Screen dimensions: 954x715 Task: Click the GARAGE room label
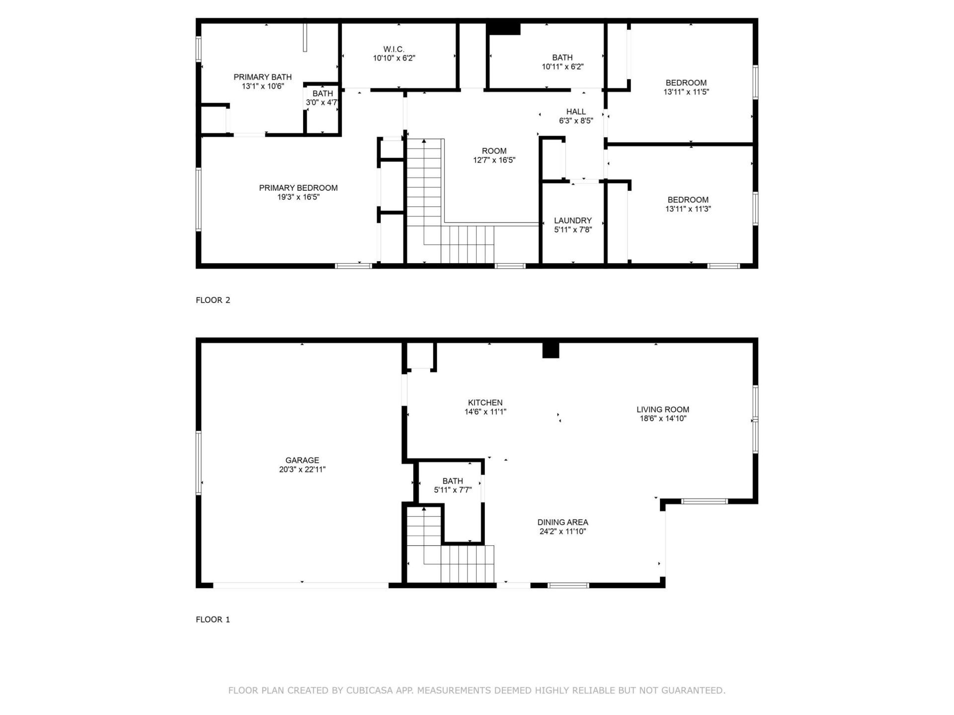pyautogui.click(x=302, y=460)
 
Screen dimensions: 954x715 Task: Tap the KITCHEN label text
pyautogui.click(x=485, y=403)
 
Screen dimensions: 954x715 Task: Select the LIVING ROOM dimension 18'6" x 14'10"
pyautogui.click(x=663, y=419)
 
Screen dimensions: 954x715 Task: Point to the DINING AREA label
pyautogui.click(x=562, y=522)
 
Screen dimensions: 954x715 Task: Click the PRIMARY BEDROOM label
pyautogui.click(x=298, y=188)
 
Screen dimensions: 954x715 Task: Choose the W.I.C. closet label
pyautogui.click(x=394, y=49)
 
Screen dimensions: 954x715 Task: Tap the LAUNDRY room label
pyautogui.click(x=573, y=220)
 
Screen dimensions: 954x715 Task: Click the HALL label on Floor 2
pyautogui.click(x=576, y=112)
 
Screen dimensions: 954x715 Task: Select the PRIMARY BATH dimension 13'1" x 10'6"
pyautogui.click(x=263, y=86)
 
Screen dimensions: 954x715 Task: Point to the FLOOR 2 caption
pyautogui.click(x=213, y=300)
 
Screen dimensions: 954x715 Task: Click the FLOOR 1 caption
pyautogui.click(x=213, y=619)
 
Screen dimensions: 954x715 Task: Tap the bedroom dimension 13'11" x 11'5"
pyautogui.click(x=686, y=92)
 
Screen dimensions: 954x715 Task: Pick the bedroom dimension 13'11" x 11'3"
pyautogui.click(x=688, y=209)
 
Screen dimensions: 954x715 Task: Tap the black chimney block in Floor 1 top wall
pyautogui.click(x=551, y=350)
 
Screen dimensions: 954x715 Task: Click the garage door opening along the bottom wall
pyautogui.click(x=301, y=585)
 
